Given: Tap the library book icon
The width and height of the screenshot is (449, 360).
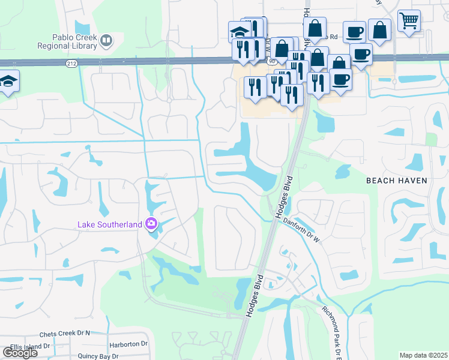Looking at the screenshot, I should coord(106,41).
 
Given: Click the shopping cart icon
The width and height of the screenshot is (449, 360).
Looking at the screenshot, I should coord(408,21).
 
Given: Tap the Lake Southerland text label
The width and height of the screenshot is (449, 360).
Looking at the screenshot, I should coord(110,224).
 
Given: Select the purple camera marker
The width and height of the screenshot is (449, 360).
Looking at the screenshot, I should coord(151,224).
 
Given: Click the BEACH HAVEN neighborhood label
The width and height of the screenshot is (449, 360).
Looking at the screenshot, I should coord(397,180).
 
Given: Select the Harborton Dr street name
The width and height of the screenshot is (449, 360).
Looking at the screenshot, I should coord(128,344).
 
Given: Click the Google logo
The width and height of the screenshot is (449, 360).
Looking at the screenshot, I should coord(20,353).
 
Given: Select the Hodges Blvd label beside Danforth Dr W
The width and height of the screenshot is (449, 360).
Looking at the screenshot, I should coord(283,196).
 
